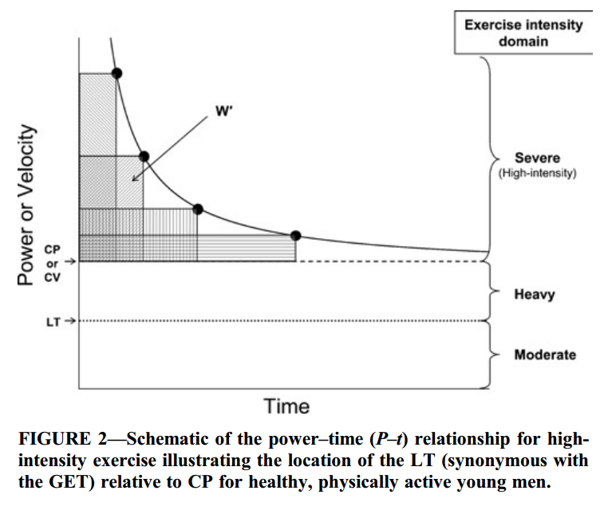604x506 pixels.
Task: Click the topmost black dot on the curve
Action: coord(116,73)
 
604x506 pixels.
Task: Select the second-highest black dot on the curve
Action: coord(144,156)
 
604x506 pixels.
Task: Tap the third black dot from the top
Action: coord(198,209)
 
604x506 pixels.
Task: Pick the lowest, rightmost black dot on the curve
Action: coord(295,235)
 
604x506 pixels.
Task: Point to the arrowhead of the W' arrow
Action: coord(134,178)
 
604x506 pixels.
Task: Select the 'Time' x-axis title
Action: coord(286,406)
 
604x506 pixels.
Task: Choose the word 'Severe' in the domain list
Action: coord(537,159)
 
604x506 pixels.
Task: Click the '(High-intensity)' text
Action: coord(537,173)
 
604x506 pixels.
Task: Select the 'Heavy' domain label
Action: coord(535,294)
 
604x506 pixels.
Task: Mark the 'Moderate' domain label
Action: coord(545,355)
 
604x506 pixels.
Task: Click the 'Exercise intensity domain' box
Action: coord(523,33)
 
